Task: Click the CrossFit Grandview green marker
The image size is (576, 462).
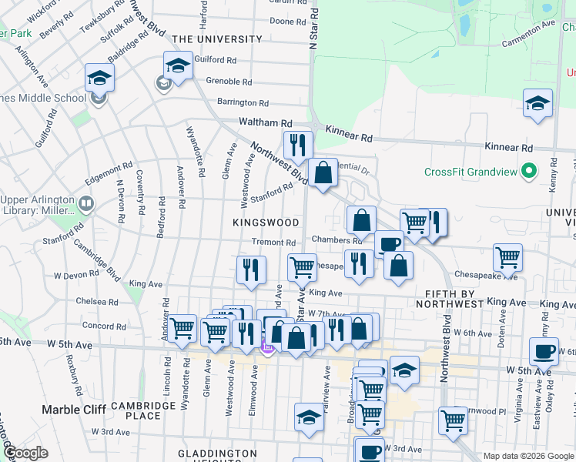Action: [528, 170]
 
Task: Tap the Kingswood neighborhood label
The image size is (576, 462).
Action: [266, 223]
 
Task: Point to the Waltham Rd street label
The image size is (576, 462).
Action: [266, 122]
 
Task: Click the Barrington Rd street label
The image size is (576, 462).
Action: [243, 102]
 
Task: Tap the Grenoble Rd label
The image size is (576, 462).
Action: [229, 81]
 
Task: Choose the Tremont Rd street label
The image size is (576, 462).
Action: [273, 243]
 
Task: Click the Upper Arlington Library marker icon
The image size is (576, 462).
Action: [85, 204]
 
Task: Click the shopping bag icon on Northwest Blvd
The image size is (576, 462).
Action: [323, 172]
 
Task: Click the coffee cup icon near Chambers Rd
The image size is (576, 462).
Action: [389, 244]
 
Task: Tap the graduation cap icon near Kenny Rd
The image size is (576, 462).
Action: [537, 103]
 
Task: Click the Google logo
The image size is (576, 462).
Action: [25, 453]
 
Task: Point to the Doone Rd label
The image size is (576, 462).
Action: [288, 22]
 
